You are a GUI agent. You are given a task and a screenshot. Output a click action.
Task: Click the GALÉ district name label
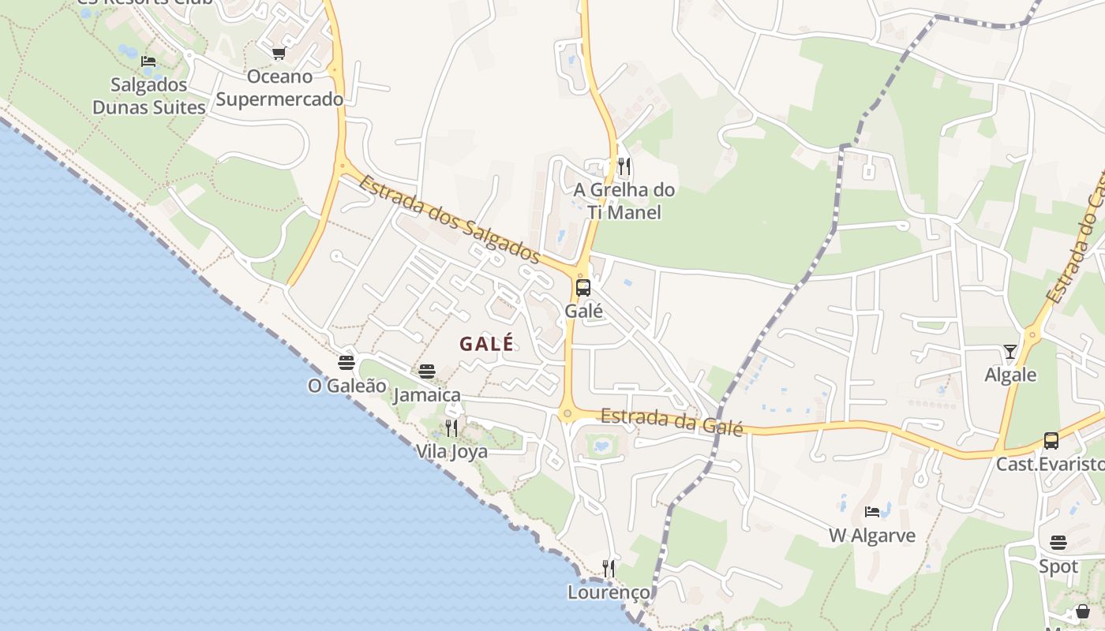[486, 344]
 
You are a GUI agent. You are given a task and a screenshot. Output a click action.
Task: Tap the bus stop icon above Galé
[583, 288]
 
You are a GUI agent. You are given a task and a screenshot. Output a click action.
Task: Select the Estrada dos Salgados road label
[449, 220]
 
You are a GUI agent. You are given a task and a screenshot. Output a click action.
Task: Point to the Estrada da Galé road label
[672, 421]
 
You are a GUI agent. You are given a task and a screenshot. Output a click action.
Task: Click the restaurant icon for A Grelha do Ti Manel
[624, 166]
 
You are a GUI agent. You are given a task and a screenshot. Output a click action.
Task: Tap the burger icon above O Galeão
[346, 363]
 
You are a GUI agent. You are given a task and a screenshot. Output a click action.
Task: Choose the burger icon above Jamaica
[427, 372]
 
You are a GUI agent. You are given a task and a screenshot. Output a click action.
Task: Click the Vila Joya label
[451, 452]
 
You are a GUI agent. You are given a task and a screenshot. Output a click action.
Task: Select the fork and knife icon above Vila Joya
[451, 428]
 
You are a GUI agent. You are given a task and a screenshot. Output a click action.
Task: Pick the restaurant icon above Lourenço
[609, 569]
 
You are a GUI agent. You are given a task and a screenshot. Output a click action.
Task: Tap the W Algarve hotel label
[872, 536]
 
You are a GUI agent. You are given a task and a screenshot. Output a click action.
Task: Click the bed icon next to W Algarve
[872, 512]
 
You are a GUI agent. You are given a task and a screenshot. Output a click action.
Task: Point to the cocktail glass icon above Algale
[1009, 351]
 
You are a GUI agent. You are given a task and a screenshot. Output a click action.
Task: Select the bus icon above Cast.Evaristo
[1051, 441]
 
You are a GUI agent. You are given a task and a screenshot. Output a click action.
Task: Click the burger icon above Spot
[1058, 543]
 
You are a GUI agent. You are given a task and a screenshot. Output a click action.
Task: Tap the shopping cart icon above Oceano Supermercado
[279, 54]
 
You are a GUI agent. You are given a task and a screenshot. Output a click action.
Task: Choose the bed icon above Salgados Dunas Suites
[148, 62]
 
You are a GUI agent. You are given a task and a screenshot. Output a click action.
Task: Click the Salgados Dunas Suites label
[148, 96]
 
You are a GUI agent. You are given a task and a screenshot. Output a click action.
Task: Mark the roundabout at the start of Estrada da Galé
[567, 413]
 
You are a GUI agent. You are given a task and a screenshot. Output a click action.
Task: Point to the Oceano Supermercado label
[279, 88]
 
